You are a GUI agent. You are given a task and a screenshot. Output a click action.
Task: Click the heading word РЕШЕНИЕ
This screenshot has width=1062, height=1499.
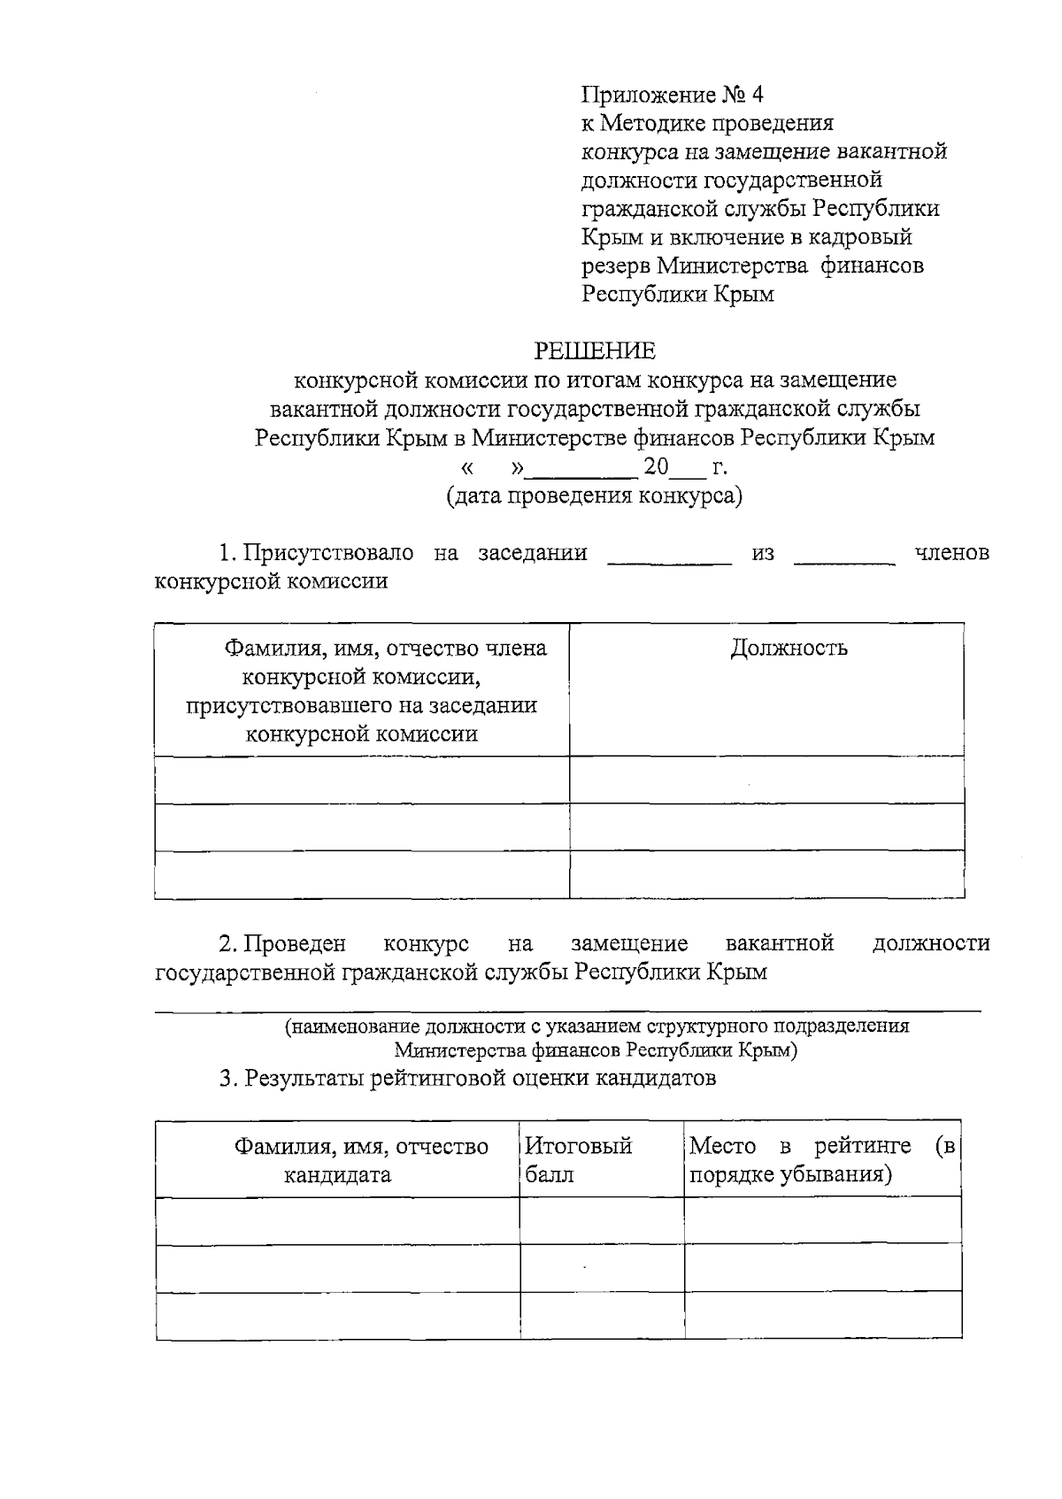[595, 351]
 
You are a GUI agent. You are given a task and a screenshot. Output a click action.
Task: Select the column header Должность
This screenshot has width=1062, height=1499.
[789, 649]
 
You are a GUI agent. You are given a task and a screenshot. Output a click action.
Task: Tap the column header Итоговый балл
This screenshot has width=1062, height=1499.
[579, 1160]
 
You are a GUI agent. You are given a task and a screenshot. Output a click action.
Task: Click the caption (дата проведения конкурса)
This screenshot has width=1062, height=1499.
[595, 496]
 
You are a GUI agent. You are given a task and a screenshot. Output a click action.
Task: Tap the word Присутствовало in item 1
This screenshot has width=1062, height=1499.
[328, 553]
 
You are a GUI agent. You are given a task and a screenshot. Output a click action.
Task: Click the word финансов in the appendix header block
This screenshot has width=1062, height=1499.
[873, 265]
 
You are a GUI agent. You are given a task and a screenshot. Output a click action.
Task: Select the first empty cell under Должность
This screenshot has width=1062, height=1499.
[766, 780]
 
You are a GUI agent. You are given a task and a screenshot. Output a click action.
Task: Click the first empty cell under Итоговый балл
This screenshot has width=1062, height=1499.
[602, 1221]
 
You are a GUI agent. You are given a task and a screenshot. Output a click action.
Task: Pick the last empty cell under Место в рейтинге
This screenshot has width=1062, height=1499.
[823, 1315]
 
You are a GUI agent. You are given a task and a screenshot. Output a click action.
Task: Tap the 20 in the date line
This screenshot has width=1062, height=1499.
[657, 466]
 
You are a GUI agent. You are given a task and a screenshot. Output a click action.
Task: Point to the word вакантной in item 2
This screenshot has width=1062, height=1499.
[780, 943]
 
